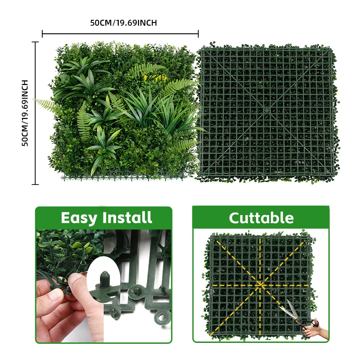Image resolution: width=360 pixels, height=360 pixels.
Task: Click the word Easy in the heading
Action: [x=79, y=218]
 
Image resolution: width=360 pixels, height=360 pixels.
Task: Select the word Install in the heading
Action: [x=127, y=218]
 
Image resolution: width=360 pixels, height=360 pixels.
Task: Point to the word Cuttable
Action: [x=261, y=218]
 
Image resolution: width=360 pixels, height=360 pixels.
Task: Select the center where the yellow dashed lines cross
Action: [x=260, y=285]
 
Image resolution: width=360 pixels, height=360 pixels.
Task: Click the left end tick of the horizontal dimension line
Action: [x=42, y=33]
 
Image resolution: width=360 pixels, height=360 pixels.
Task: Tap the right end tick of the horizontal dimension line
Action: [x=198, y=33]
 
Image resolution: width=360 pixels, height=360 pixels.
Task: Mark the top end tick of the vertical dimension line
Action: [x=35, y=42]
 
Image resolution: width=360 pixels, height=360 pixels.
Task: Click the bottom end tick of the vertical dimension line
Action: [x=35, y=184]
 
